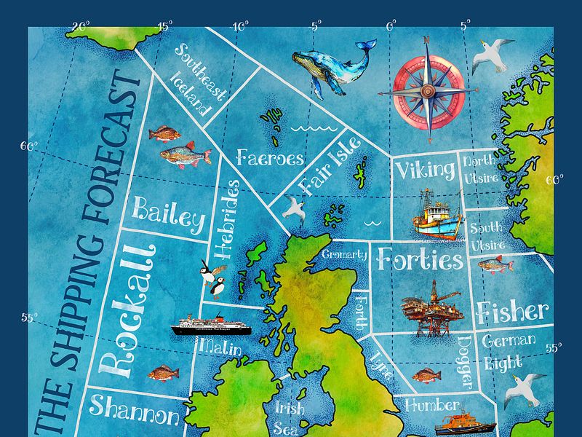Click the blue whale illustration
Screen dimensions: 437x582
[x=332, y=66]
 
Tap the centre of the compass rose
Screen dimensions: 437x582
[x=428, y=90]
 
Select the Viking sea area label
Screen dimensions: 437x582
[x=425, y=171]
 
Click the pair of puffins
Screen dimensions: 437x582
[x=214, y=280]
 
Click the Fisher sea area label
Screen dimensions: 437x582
[x=512, y=312]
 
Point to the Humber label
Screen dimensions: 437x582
[x=433, y=405]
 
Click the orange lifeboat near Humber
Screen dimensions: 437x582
[x=464, y=425]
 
